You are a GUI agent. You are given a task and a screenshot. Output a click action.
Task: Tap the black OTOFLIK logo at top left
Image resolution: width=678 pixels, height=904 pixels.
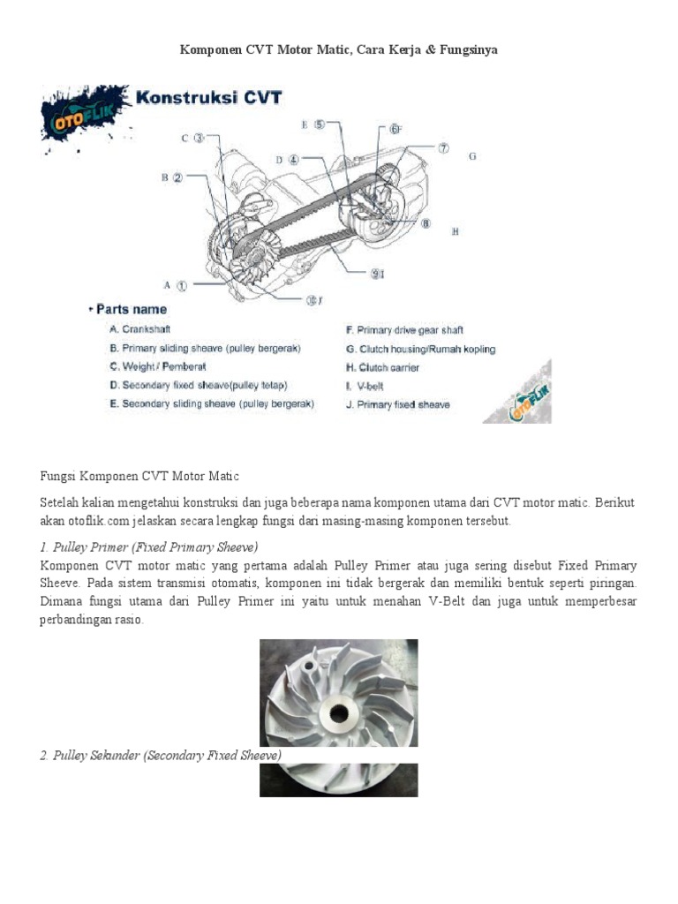(85, 112)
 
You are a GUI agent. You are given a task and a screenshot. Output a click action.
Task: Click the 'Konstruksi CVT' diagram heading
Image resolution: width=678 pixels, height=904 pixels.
(209, 97)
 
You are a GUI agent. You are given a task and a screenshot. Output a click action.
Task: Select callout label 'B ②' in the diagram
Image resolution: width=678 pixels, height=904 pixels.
(171, 177)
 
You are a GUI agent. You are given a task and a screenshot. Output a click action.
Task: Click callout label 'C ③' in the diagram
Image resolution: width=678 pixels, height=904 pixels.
(193, 138)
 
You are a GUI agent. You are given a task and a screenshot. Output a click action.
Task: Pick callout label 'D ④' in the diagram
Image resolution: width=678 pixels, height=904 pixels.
(287, 160)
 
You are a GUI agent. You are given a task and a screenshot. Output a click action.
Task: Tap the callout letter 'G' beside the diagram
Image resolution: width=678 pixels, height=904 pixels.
(472, 156)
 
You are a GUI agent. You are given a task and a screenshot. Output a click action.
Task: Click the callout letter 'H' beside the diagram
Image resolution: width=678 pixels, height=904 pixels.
(456, 231)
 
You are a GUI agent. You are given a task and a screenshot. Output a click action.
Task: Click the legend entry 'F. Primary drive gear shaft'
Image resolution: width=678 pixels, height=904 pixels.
(403, 330)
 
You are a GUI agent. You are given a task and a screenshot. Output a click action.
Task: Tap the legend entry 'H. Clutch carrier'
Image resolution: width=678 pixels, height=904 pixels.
(382, 367)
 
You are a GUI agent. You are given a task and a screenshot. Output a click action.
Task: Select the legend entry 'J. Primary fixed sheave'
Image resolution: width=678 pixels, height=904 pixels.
(397, 404)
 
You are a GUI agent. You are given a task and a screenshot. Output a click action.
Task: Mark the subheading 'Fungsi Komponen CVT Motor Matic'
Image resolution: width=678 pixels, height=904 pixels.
(139, 476)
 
